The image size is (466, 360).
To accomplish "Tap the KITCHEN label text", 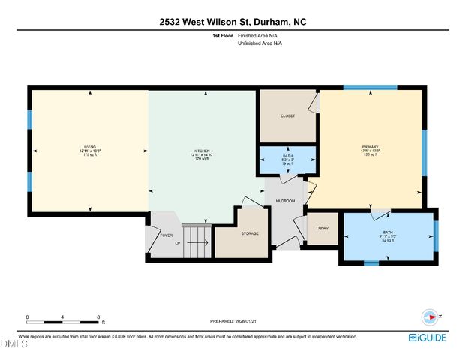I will point(201,150).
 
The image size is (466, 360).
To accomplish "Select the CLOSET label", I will point(288,116).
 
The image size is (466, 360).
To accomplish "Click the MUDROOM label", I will point(285,201).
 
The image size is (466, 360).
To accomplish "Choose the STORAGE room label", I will point(250,233).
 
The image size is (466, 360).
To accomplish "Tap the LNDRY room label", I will point(323,228).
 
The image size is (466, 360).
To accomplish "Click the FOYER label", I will point(167,235).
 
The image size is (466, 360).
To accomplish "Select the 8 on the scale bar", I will point(99,317).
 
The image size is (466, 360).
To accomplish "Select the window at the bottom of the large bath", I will point(371,263).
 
